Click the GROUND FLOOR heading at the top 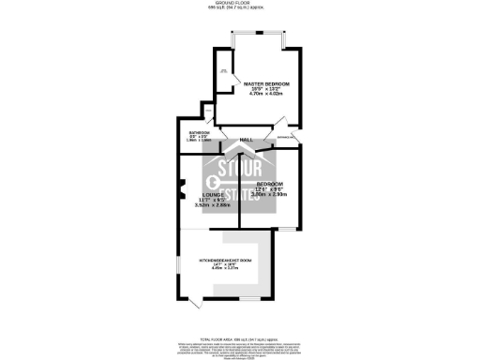click(x=240, y=4)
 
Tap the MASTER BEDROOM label click(x=266, y=84)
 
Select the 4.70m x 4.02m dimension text click(x=266, y=95)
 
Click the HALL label click(x=247, y=140)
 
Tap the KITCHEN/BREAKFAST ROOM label click(x=225, y=259)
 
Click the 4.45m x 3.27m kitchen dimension click(x=225, y=269)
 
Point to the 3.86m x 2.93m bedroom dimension click(x=270, y=194)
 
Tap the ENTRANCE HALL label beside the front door click(x=287, y=138)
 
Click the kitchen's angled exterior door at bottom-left click(x=194, y=302)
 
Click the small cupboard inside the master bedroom click(x=224, y=75)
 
